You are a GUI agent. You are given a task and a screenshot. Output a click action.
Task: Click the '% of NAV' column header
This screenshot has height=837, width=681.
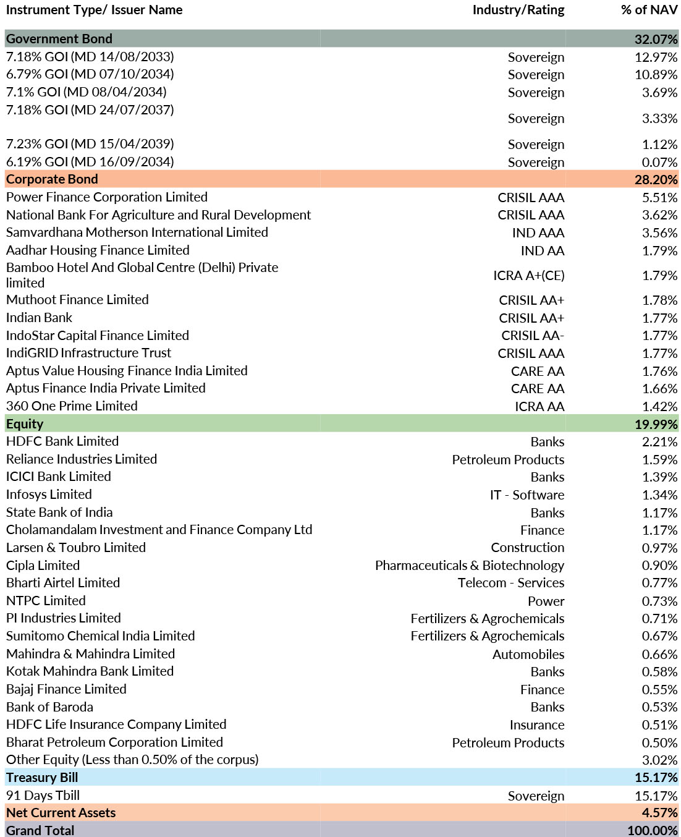click(649, 10)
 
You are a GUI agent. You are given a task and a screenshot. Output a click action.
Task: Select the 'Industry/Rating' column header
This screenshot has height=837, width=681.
click(518, 11)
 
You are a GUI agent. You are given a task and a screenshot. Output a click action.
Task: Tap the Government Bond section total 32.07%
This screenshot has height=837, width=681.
click(656, 39)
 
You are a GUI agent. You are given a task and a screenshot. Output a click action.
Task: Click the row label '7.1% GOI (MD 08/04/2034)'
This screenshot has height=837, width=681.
click(86, 92)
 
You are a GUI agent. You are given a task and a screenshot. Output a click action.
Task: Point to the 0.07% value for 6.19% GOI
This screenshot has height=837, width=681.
click(659, 162)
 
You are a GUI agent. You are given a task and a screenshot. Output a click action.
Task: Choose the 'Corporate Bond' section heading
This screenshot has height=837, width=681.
click(52, 179)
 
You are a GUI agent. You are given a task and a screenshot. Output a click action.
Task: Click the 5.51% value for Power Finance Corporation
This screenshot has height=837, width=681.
click(659, 197)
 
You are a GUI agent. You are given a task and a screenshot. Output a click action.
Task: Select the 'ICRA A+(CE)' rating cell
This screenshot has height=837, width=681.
click(528, 276)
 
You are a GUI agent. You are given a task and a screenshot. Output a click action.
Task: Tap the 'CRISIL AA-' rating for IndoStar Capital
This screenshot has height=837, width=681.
click(533, 336)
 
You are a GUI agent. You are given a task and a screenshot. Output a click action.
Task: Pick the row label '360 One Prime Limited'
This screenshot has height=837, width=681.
click(72, 406)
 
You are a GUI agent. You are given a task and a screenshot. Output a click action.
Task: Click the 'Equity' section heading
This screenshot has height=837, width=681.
click(24, 424)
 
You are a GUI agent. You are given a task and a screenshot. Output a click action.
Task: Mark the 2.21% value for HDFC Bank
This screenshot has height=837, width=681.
click(659, 442)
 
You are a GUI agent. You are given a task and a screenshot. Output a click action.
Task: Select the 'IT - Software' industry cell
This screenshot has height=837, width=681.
click(527, 495)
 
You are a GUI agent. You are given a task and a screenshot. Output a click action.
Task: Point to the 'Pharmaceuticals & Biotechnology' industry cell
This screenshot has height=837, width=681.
click(469, 566)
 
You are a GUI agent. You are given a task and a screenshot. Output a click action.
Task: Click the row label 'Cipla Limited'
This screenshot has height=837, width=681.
click(43, 566)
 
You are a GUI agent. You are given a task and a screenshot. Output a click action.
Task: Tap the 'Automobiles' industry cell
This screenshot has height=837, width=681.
click(528, 654)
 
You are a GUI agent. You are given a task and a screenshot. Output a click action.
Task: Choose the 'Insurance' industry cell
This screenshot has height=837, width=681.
click(537, 725)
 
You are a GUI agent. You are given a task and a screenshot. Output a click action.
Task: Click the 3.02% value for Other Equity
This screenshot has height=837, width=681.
click(659, 760)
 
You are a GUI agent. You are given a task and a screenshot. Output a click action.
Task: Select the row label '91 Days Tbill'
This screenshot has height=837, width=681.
click(43, 796)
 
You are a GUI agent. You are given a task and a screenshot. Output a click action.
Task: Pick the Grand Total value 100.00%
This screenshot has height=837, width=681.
click(653, 831)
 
